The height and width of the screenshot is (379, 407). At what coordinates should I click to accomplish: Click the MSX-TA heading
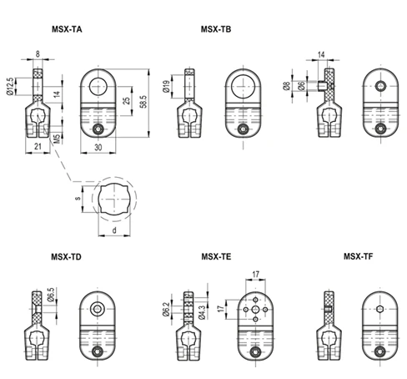pyautogui.click(x=67, y=29)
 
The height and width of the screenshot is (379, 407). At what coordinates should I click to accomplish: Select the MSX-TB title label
pyautogui.click(x=216, y=29)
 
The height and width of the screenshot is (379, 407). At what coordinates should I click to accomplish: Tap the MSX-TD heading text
pyautogui.click(x=66, y=256)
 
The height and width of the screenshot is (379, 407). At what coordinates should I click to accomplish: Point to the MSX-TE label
pyautogui.click(x=216, y=256)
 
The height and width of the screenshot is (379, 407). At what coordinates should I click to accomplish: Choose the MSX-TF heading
pyautogui.click(x=359, y=256)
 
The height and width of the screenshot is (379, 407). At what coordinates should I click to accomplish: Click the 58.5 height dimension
pyautogui.click(x=143, y=102)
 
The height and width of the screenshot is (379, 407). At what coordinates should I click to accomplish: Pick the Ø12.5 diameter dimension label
pyautogui.click(x=10, y=86)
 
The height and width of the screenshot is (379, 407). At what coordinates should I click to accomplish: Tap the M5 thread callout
pyautogui.click(x=57, y=139)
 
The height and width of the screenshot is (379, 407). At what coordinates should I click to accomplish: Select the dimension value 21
pyautogui.click(x=38, y=146)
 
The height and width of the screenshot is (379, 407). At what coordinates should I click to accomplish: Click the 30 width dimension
pyautogui.click(x=98, y=147)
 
